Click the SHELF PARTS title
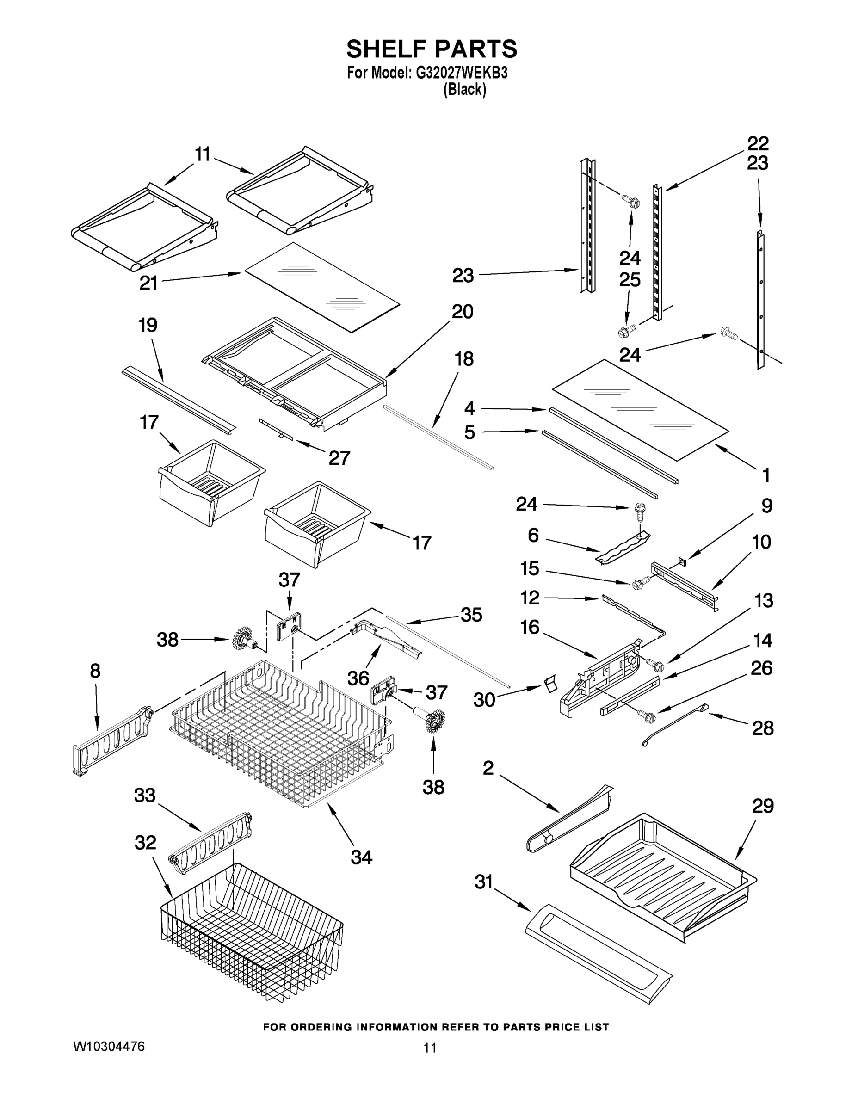(x=432, y=49)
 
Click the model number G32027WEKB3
(x=462, y=73)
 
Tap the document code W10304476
(x=109, y=1047)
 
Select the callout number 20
(x=462, y=312)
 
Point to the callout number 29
(x=762, y=806)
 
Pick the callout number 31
(x=484, y=882)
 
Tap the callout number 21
(x=148, y=283)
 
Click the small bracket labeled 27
(x=277, y=430)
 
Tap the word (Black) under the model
(x=464, y=90)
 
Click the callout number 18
(x=463, y=359)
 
